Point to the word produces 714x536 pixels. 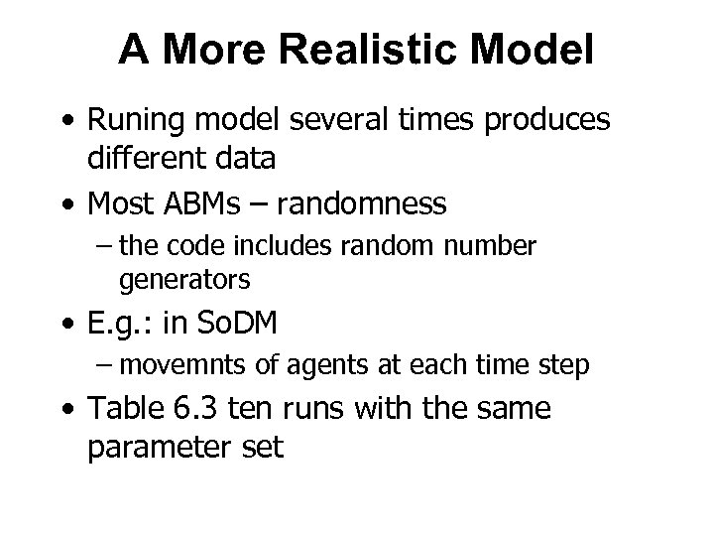[545, 123]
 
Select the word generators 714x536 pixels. [184, 280]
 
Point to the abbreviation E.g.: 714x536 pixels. [124, 325]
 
